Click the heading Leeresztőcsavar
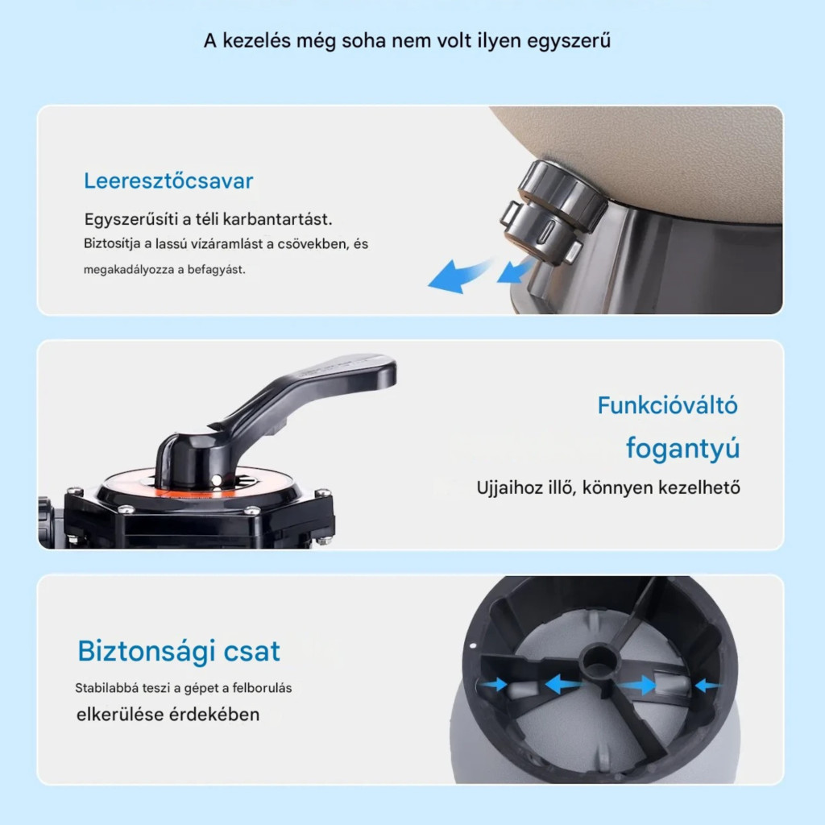coord(168,181)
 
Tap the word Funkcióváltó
coord(668,405)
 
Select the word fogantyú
coord(683,449)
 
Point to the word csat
coord(252,651)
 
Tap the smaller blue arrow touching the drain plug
coord(515,271)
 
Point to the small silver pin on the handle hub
coord(216,480)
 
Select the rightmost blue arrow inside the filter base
coord(706,685)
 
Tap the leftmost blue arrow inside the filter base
coord(494,685)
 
